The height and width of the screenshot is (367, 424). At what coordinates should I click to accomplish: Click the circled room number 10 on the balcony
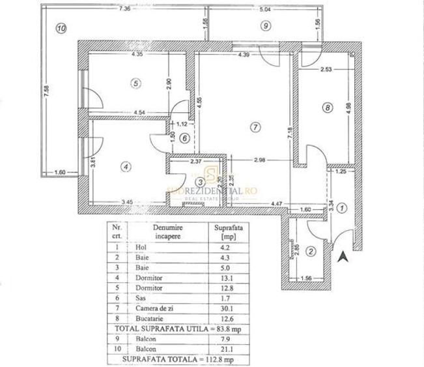(x=61, y=29)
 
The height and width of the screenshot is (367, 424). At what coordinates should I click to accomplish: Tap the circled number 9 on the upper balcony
(x=265, y=25)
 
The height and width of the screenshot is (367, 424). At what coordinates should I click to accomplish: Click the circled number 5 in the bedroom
(x=135, y=83)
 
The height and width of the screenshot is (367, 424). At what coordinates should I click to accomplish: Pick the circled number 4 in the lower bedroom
(x=126, y=166)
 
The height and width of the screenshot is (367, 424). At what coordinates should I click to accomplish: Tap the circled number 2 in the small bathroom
(x=311, y=252)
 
